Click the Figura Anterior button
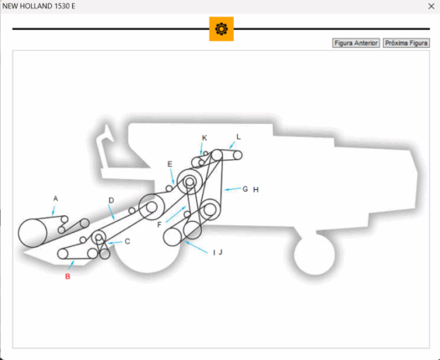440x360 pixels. pyautogui.click(x=356, y=43)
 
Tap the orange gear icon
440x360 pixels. pyautogui.click(x=221, y=28)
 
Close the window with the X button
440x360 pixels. pyautogui.click(x=432, y=6)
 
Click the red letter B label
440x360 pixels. pyautogui.click(x=68, y=276)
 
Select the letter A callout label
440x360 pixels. pyautogui.click(x=55, y=198)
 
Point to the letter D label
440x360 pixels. pyautogui.click(x=111, y=200)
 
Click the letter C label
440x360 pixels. pyautogui.click(x=127, y=241)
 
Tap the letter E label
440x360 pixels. pyautogui.click(x=170, y=164)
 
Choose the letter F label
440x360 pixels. pyautogui.click(x=159, y=224)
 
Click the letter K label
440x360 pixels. pyautogui.click(x=204, y=138)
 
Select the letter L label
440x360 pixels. pyautogui.click(x=239, y=136)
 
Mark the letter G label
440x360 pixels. pyautogui.click(x=246, y=189)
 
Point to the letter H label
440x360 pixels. pyautogui.click(x=256, y=190)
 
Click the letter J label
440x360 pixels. pyautogui.click(x=220, y=252)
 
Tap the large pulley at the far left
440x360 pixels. pyautogui.click(x=33, y=233)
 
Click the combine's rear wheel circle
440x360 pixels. pyautogui.click(x=314, y=255)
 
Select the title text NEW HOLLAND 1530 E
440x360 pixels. pyautogui.click(x=39, y=6)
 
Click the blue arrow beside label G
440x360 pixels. pyautogui.click(x=233, y=189)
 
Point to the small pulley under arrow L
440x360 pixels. pyautogui.click(x=237, y=155)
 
